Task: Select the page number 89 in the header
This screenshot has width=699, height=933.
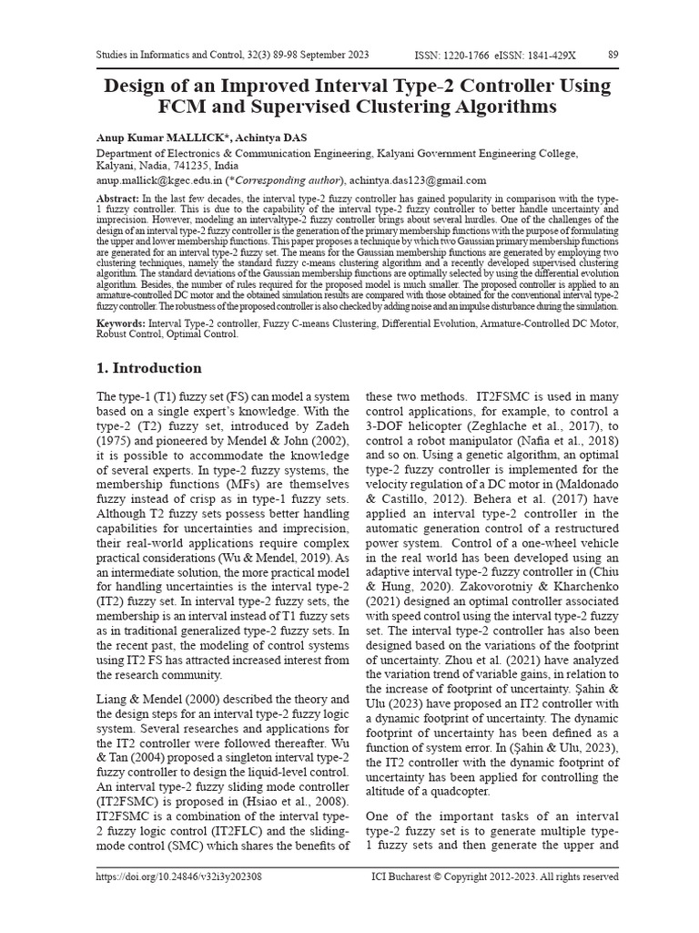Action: [613, 55]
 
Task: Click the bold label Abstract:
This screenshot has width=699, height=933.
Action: [117, 198]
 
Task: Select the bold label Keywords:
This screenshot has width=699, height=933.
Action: [122, 323]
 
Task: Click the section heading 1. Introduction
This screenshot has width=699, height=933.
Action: [149, 368]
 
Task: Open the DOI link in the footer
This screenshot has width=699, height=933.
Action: [179, 877]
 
